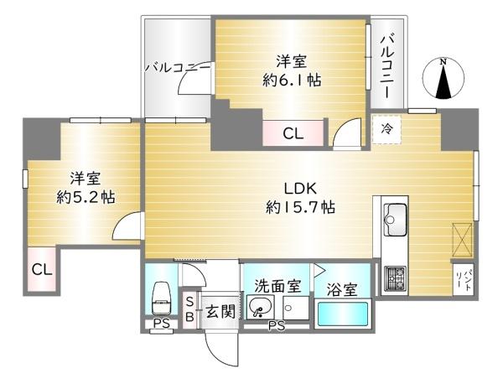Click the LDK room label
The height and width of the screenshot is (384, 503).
point(301,189)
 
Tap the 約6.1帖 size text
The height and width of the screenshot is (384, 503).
point(292,80)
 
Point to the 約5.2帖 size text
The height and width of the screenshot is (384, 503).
point(86,197)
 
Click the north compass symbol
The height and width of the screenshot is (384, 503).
point(443,79)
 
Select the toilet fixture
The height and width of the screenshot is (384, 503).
point(161,298)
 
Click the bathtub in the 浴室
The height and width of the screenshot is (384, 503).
point(342,314)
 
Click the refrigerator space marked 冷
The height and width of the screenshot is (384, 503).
point(386,129)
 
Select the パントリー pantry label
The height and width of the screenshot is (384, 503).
point(464,279)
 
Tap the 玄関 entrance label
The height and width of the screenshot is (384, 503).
point(220,311)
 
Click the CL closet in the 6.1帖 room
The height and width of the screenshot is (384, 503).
point(293,133)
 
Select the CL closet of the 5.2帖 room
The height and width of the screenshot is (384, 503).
point(42,269)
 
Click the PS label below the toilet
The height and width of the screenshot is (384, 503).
point(161,324)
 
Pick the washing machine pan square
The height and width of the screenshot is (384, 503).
point(296,308)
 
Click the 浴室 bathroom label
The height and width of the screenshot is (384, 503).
point(342,290)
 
